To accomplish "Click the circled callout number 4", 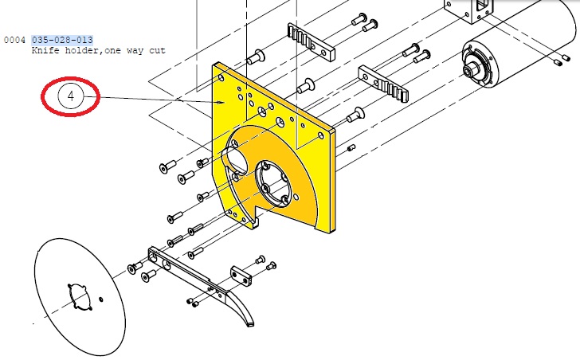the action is point(71,96).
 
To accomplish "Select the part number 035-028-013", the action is point(62,40).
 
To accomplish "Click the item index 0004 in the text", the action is point(14,40).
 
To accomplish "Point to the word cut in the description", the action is point(157,50).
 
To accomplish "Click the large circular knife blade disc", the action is point(80,297).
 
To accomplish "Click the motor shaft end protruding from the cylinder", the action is point(472,69).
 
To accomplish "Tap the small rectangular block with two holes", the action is point(241,276).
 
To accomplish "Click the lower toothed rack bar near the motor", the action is point(383,84).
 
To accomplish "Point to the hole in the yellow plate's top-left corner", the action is point(221,78).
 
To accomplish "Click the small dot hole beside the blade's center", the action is point(101,299).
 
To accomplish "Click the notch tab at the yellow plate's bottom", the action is point(255,222).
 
